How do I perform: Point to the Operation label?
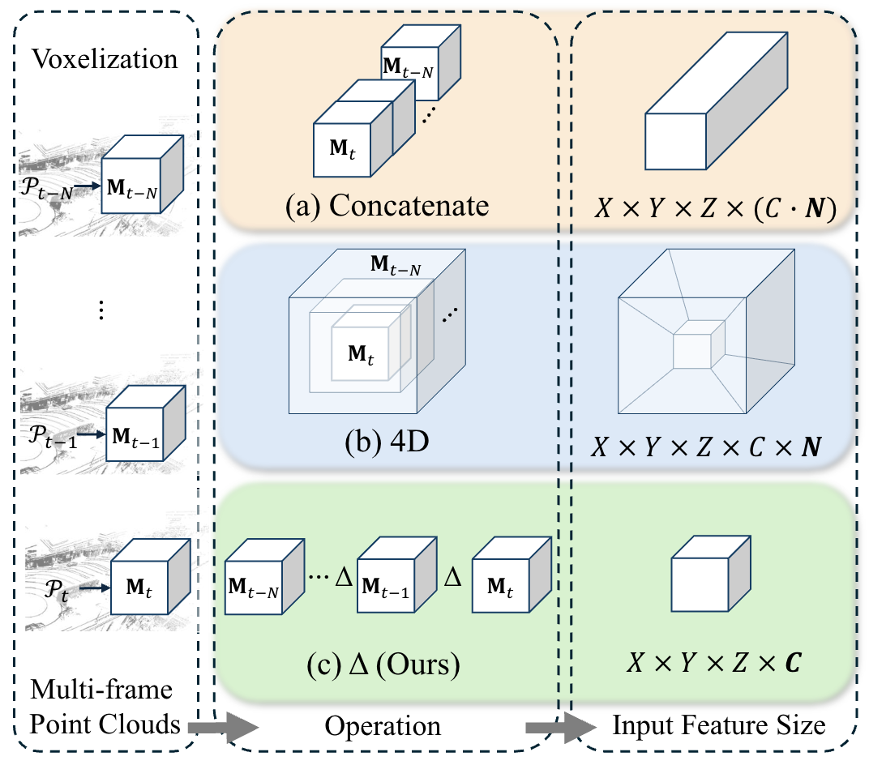(x=383, y=725)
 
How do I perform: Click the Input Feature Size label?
(x=719, y=724)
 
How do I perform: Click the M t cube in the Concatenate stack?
(x=341, y=148)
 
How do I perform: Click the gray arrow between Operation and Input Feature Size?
(x=554, y=727)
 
